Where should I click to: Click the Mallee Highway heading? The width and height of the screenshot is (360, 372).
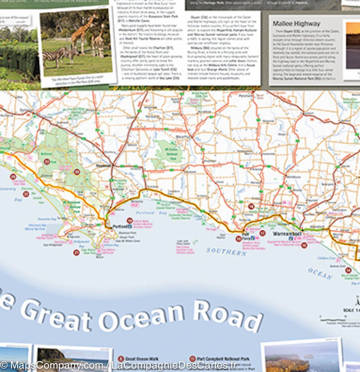coord(296,24)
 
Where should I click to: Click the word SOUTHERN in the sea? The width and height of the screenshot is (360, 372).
coord(226,251)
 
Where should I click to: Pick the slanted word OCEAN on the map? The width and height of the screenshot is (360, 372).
coord(320,274)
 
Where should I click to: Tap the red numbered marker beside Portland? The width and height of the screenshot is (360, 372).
coord(130,221)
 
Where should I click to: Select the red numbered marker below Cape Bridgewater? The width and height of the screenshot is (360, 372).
coord(76,253)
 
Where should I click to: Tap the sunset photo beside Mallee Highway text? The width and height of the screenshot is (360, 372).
coord(353,45)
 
